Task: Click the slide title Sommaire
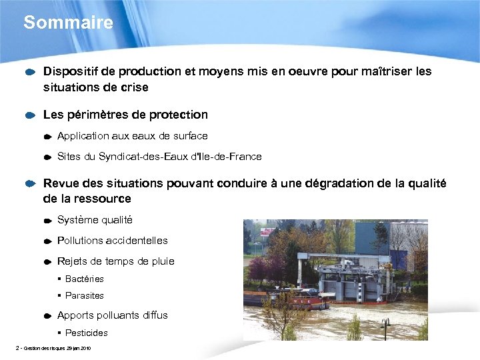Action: [x=68, y=23]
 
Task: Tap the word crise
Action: [x=134, y=87]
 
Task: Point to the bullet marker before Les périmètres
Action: [x=30, y=115]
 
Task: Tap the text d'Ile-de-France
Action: [x=227, y=157]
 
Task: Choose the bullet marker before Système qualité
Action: [x=48, y=221]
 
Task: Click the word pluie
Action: [x=161, y=261]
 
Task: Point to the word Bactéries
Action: [x=85, y=279]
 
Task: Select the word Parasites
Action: [x=85, y=296]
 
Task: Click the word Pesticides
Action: [x=87, y=333]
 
